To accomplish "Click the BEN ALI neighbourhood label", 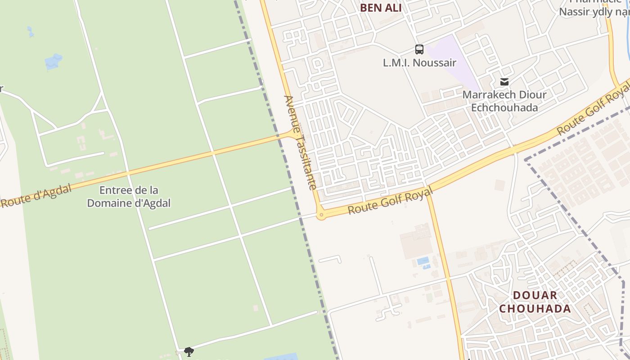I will coord(381,8).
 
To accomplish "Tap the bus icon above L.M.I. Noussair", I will coord(419,49).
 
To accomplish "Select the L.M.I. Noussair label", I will coord(419,63).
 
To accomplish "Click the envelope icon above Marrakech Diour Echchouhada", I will coord(504,82).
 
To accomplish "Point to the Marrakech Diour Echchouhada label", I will coord(504,101).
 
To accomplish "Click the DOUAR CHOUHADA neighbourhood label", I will coord(535,302).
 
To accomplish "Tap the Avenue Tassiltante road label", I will coord(301,142).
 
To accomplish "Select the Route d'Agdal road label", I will coord(36,197).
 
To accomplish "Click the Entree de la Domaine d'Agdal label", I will coord(129,197).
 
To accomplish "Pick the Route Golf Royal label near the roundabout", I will coord(390,201).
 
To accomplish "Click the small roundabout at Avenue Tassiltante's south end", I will coord(321,216).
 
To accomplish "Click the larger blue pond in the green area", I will coord(54,62).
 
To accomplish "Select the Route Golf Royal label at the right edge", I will coord(593,110).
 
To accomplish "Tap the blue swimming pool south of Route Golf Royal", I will coord(423,261).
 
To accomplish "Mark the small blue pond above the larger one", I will coord(30,31).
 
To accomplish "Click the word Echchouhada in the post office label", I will coord(504,108).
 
